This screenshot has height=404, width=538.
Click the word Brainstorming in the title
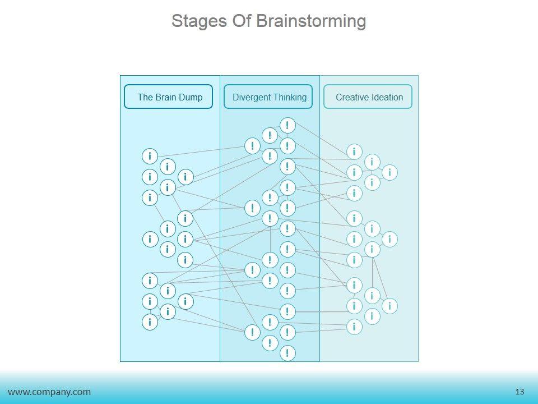coord(311,21)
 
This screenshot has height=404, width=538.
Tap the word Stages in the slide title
coord(199,21)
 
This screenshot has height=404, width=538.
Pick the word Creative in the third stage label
coord(353,97)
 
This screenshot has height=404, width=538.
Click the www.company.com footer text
coord(49,392)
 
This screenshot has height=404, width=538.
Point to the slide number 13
coord(520,392)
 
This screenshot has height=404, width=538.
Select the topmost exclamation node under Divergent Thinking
coord(287,125)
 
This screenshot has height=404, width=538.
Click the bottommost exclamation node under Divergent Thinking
coord(287,353)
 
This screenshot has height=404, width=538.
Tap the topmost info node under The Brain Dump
coord(150,157)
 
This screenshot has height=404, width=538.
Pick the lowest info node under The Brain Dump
coord(150,322)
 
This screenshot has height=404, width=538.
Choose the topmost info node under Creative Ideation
coord(354,151)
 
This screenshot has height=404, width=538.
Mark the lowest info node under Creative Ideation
coord(354,327)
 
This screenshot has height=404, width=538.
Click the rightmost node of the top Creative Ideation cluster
coord(389,172)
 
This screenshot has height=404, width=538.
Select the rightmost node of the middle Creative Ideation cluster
coord(389,239)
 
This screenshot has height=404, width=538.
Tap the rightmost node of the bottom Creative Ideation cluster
coord(389,306)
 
